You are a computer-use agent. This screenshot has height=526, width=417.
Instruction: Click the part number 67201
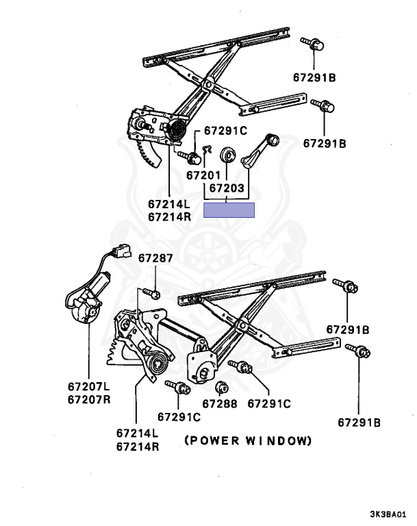tap(203, 175)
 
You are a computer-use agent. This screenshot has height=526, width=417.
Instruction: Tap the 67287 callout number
tap(155, 259)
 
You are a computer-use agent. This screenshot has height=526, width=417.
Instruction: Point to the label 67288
tap(220, 404)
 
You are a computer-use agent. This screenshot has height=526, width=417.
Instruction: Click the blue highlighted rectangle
tap(229, 210)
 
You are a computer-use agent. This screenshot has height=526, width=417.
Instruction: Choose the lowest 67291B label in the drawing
tap(359, 422)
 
